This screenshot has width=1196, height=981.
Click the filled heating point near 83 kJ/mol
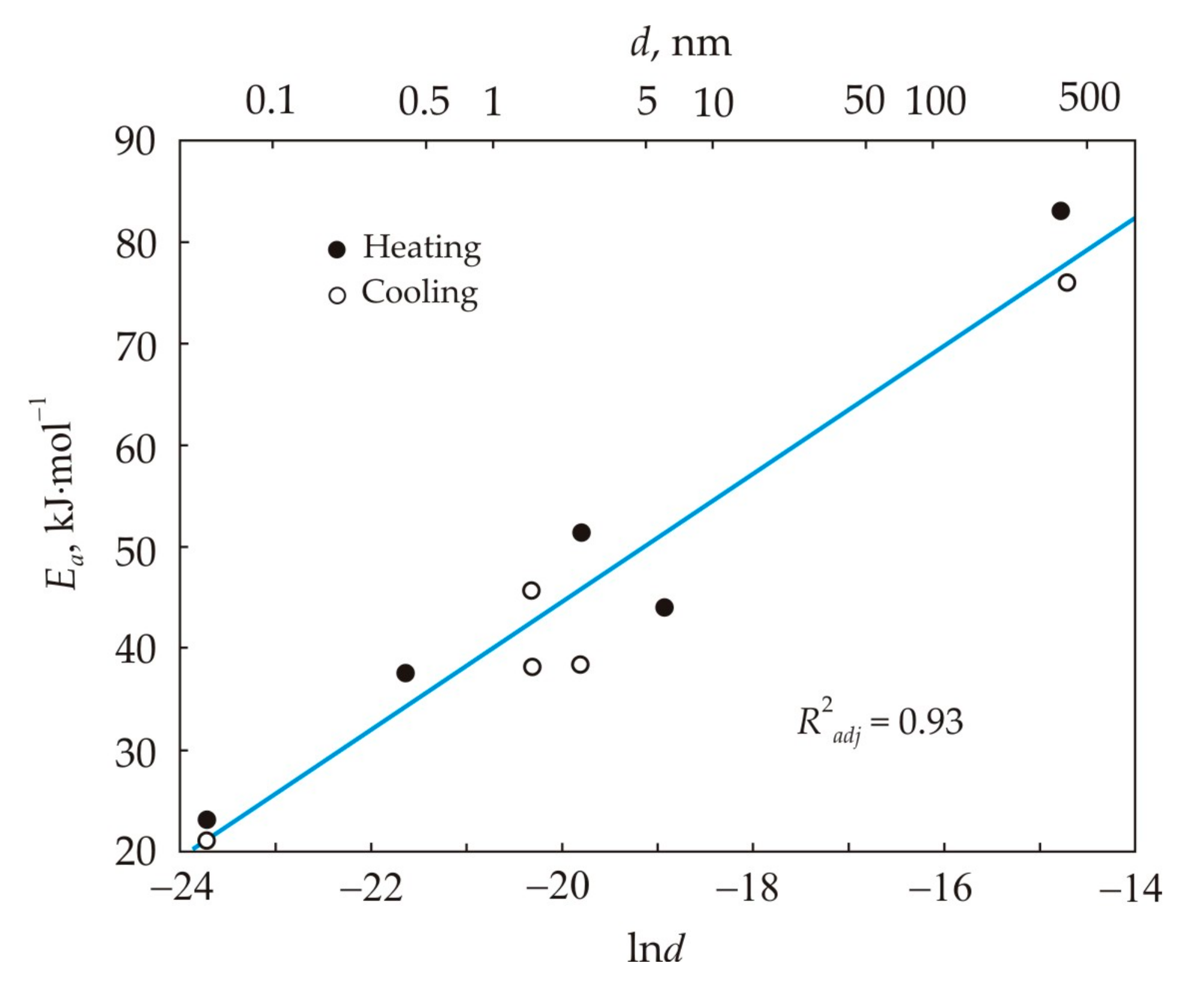coord(1060,211)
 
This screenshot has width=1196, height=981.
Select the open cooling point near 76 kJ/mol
coord(1067,283)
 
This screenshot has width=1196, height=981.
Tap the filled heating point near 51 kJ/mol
coord(581,533)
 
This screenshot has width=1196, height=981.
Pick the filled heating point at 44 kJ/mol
coord(664,608)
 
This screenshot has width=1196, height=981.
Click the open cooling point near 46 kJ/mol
coord(531,590)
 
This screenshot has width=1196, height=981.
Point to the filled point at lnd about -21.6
coord(406,673)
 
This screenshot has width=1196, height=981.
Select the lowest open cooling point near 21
coord(206,840)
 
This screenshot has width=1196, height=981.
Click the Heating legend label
coord(421,248)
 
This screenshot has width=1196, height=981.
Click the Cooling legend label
coord(420,293)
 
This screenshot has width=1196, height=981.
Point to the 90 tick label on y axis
coord(135,142)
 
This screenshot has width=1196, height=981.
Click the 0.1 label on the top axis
coord(270,101)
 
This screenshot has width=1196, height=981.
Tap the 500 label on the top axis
coord(1089,97)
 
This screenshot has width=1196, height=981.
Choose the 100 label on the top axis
coord(936,101)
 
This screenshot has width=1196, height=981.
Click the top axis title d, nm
coord(680,44)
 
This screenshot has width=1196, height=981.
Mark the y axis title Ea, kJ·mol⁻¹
coord(60,493)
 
